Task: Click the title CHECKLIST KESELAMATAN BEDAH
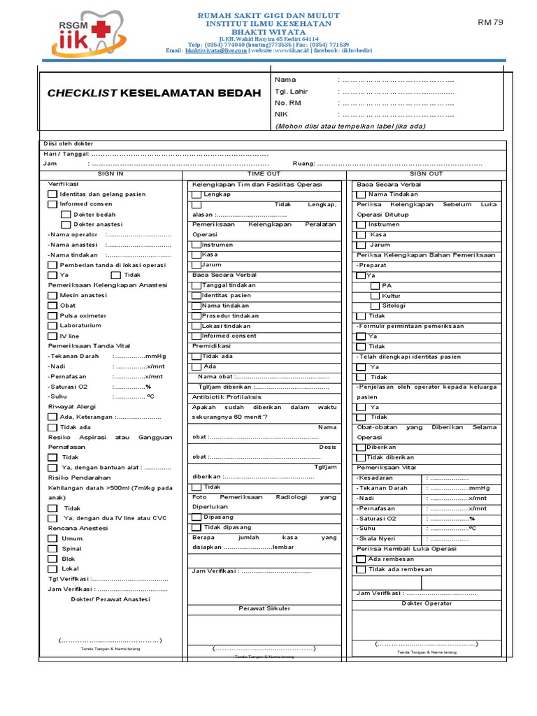click(153, 93)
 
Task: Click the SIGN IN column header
click(110, 173)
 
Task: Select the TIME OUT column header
click(264, 173)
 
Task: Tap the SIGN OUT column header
click(426, 173)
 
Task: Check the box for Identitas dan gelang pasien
click(52, 194)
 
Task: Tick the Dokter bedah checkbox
click(66, 215)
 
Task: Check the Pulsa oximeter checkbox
click(52, 316)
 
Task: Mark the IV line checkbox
click(52, 336)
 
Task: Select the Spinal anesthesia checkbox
click(52, 549)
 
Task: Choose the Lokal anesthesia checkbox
click(52, 569)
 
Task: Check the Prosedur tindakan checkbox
click(196, 316)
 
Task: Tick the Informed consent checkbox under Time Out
click(196, 336)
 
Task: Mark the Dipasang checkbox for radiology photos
click(196, 517)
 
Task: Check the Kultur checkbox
click(375, 296)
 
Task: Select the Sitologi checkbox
click(375, 306)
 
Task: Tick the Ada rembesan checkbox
click(361, 559)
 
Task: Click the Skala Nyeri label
click(377, 539)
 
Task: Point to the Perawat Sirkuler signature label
click(264, 608)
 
